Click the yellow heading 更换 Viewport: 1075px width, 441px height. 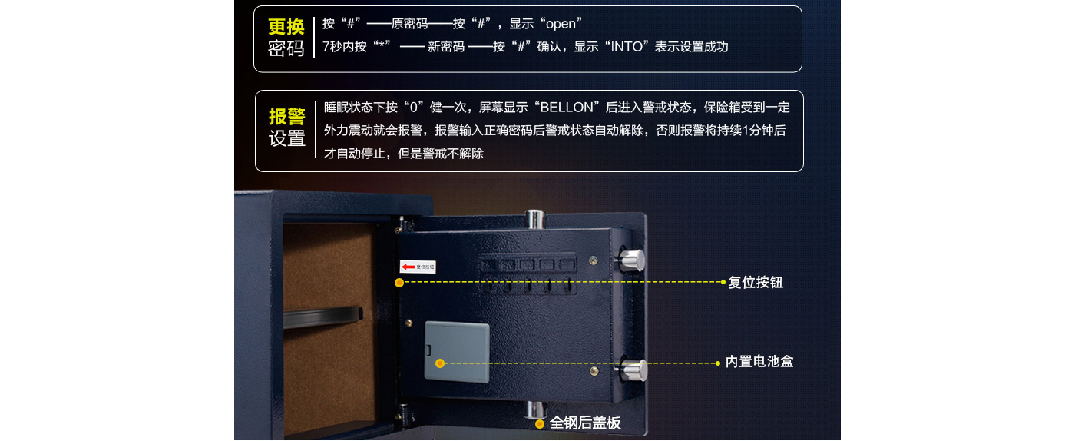click(286, 27)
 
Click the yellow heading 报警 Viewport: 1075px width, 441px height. click(287, 116)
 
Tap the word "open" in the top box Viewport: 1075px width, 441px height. click(561, 24)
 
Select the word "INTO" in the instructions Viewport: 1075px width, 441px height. click(627, 47)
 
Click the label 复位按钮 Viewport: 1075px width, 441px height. click(756, 283)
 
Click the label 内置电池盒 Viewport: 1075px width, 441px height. click(759, 361)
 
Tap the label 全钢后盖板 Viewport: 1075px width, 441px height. click(585, 423)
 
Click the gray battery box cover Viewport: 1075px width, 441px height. click(457, 352)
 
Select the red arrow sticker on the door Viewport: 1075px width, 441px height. click(418, 267)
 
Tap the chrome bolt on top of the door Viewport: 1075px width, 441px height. click(534, 220)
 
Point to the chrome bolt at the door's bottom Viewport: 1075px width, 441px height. click(534, 409)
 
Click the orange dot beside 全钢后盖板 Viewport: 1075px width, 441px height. click(539, 423)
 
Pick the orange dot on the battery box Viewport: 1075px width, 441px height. click(439, 363)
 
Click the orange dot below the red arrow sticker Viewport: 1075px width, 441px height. click(399, 283)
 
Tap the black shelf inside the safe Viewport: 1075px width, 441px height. click(322, 317)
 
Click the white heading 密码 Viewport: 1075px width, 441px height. click(286, 49)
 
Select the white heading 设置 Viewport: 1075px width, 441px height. click(287, 138)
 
